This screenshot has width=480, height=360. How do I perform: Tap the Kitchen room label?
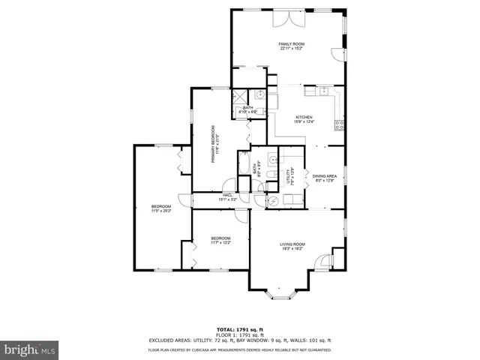[304, 119]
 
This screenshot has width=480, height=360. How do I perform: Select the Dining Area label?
[325, 178]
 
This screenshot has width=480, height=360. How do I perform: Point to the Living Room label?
[292, 246]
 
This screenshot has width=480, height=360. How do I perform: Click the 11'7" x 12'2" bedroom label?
[220, 240]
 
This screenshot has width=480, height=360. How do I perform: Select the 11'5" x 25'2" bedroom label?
[161, 208]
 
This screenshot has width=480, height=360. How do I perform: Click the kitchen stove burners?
[340, 124]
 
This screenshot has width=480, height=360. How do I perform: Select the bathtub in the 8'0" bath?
[244, 163]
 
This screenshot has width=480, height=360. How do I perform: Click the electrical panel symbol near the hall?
[271, 200]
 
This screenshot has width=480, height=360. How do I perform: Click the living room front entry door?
[322, 262]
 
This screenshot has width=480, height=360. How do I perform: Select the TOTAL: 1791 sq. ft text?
[239, 329]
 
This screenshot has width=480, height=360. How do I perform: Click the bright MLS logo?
[30, 349]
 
